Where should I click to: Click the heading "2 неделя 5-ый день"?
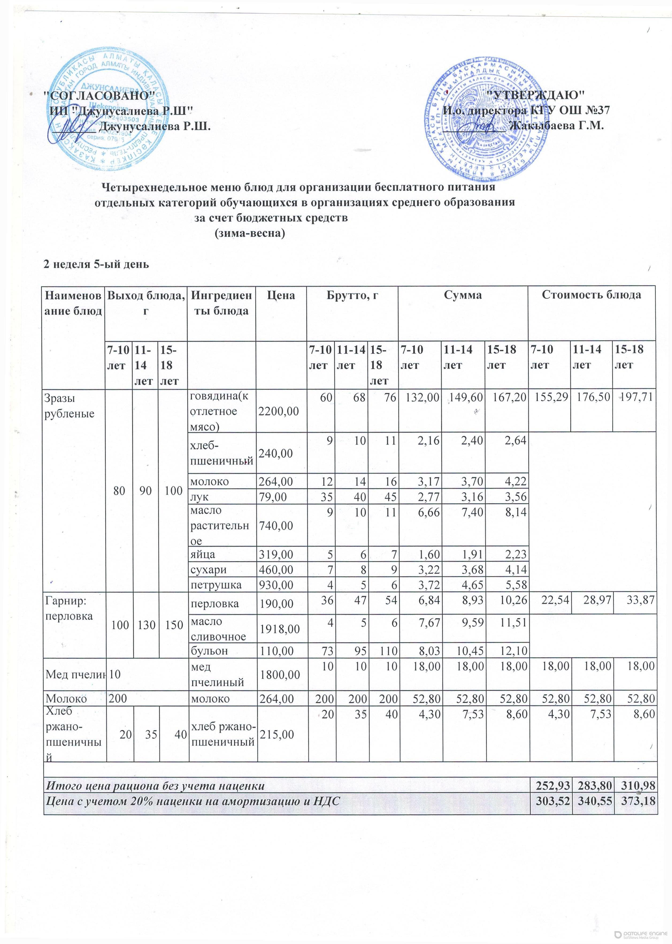tap(96, 264)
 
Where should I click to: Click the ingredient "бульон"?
tap(209, 651)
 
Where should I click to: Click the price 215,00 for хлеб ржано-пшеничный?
tap(277, 734)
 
